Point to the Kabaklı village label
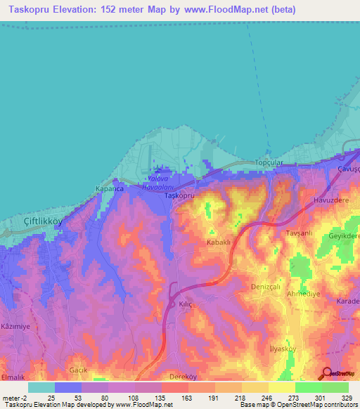219,242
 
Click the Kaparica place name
109,189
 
